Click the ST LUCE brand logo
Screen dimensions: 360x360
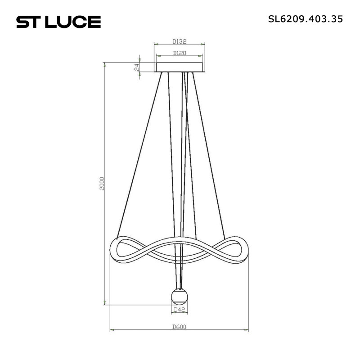(x=58, y=21)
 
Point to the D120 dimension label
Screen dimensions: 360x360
(x=180, y=53)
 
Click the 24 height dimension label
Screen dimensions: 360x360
(x=136, y=67)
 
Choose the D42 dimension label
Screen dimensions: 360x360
(x=180, y=309)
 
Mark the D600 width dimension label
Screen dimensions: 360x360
(x=179, y=327)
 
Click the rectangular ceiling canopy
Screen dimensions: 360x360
(x=180, y=67)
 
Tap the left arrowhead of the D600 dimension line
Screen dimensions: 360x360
(x=112, y=331)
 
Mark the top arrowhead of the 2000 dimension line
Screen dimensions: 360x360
(x=105, y=64)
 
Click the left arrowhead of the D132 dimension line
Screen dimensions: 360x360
(x=156, y=44)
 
